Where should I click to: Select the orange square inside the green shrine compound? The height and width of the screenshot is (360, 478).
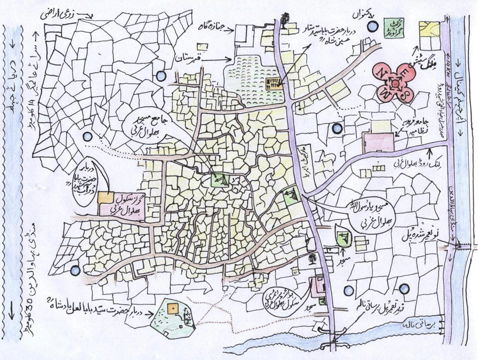click(x=173, y=309)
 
